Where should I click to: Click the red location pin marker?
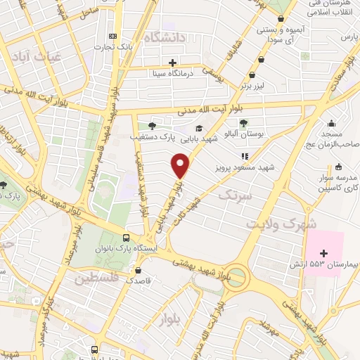(x=181, y=166)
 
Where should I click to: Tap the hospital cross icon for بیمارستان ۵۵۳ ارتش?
(x=324, y=253)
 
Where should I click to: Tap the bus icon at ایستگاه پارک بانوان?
(x=125, y=238)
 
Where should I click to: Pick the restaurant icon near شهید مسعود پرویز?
(x=245, y=157)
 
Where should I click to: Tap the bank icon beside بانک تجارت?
(x=112, y=37)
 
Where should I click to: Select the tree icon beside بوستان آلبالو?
(x=243, y=123)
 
